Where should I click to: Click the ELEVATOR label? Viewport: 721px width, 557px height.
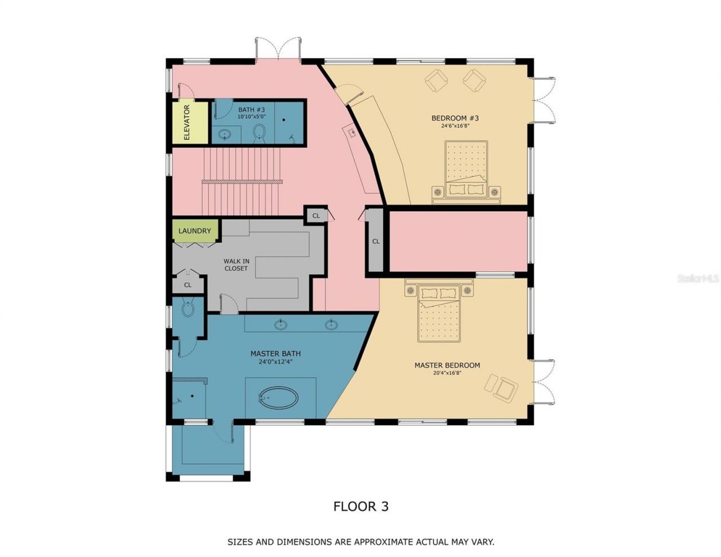186,122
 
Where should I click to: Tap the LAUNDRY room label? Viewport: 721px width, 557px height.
194,231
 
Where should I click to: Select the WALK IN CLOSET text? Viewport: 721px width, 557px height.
236,265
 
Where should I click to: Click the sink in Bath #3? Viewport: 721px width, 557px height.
225,135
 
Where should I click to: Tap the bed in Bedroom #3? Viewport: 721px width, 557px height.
466,171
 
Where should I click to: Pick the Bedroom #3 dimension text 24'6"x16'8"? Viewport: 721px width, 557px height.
455,126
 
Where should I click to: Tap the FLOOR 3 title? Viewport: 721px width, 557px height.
360,506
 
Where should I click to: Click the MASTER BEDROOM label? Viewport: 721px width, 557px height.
447,365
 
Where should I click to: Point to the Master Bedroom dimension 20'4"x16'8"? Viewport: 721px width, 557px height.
447,373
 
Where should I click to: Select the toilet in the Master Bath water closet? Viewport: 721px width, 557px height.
188,309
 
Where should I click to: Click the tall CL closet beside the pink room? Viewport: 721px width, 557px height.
375,241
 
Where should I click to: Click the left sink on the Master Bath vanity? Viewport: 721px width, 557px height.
280,324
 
